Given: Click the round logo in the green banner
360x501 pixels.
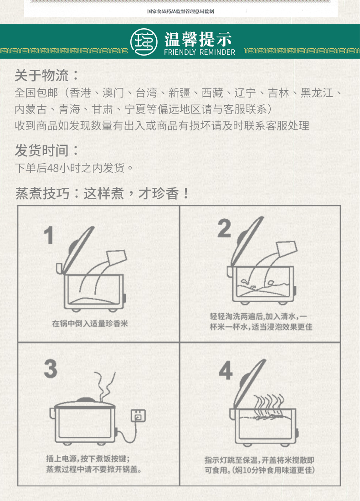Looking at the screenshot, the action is coord(144,42).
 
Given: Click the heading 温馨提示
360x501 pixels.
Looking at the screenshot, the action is coord(198,40).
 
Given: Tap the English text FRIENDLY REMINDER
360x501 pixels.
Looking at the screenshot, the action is coord(200,52).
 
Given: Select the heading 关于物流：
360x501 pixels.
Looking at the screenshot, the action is coord(46,75).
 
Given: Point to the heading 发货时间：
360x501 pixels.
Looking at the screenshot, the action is coord(46,150).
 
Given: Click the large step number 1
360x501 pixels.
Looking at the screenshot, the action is coord(49,235).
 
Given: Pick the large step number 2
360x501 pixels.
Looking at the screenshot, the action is coord(224,228).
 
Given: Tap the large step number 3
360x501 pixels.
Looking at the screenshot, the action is coord(51,369).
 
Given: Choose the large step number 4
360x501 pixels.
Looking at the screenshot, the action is coord(226,371).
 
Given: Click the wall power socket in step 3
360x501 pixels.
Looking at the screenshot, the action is coord(139,416).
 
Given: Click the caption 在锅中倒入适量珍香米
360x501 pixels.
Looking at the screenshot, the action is coord(90,324).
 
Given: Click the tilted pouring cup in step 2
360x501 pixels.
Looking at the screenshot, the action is coord(287,250).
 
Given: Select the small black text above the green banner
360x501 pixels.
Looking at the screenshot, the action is coord(180,11).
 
